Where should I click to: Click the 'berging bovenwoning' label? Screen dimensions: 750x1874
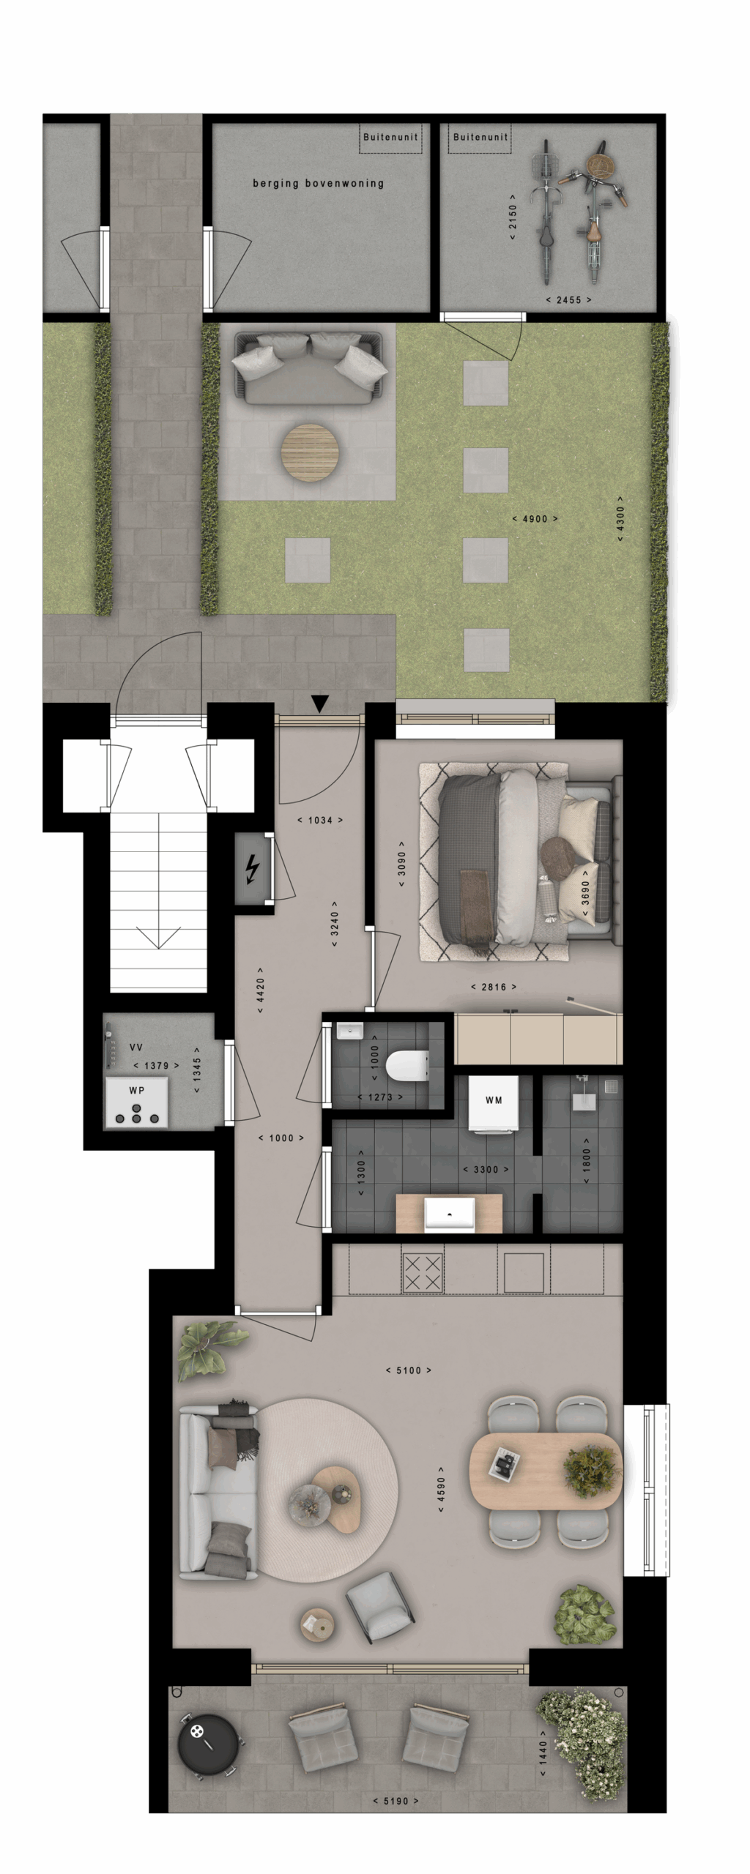click(319, 183)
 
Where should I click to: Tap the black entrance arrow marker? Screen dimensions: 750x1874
click(319, 704)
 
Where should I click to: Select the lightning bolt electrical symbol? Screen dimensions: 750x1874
click(252, 870)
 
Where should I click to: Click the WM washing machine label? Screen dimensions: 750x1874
click(494, 1100)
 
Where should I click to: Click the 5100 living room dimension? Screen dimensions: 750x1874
click(409, 1370)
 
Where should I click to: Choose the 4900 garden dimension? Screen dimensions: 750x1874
click(535, 519)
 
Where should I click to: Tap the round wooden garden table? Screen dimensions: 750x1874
click(310, 452)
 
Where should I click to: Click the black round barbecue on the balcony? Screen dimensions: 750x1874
click(208, 1744)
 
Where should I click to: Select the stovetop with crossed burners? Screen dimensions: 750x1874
click(423, 1272)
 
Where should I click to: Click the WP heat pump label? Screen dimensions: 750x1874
click(137, 1090)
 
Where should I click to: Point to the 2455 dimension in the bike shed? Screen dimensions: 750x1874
click(568, 299)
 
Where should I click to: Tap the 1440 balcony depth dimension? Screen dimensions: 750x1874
click(543, 1752)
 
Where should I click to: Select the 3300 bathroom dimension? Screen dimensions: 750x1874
click(486, 1169)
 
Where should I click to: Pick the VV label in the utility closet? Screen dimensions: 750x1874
click(136, 1048)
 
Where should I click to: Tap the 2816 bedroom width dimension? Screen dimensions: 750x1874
click(494, 987)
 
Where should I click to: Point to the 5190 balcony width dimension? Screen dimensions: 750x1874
click(396, 1801)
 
